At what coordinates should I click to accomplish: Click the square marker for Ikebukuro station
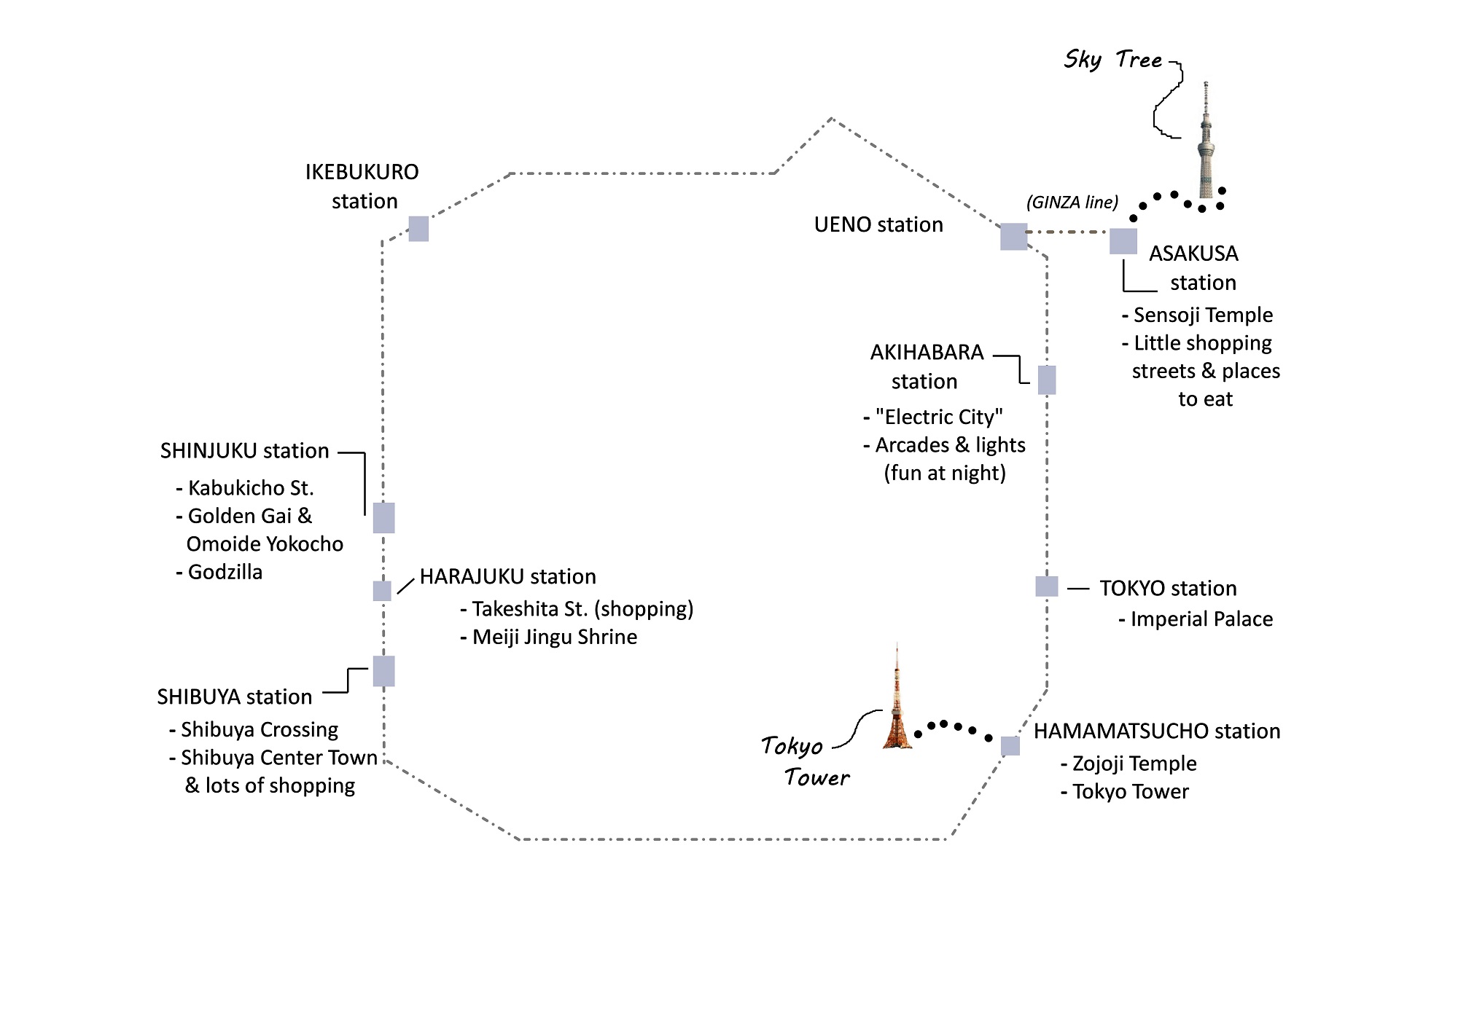[x=418, y=229]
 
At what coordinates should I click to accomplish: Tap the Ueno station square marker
[x=1013, y=237]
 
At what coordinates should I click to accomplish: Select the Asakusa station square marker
[x=1123, y=241]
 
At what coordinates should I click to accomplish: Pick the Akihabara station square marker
[x=1047, y=380]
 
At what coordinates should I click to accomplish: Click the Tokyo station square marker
[x=1047, y=586]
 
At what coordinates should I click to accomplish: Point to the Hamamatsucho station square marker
[x=1010, y=746]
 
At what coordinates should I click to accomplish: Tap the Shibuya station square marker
[x=383, y=671]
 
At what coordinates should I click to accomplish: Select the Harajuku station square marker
[x=382, y=591]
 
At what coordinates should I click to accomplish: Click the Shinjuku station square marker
[x=383, y=518]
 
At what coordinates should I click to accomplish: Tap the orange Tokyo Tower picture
[x=897, y=703]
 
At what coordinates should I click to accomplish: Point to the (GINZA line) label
[x=1072, y=203]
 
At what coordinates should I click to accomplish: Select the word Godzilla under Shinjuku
[x=225, y=572]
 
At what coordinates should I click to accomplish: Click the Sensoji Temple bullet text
[x=1202, y=315]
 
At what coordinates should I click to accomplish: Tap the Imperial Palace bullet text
[x=1201, y=619]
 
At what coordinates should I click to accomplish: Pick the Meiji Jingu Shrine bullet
[x=554, y=637]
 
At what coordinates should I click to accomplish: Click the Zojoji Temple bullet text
[x=1134, y=764]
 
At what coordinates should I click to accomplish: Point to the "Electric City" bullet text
[x=938, y=417]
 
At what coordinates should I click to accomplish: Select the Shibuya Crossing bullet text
[x=259, y=729]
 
